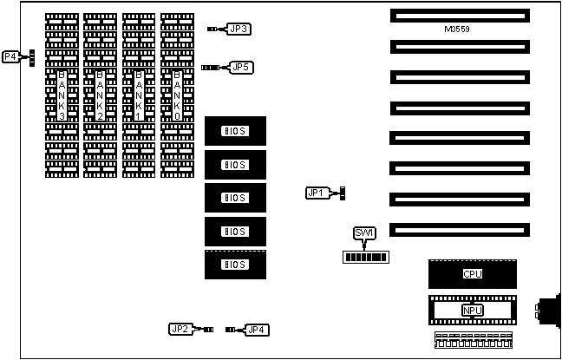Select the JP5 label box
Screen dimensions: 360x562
pyautogui.click(x=241, y=67)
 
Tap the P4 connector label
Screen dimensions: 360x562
pyautogui.click(x=10, y=57)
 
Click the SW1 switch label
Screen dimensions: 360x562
pyautogui.click(x=364, y=232)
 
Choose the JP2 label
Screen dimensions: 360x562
pyautogui.click(x=180, y=329)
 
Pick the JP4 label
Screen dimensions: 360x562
pyautogui.click(x=258, y=329)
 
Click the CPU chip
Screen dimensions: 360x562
pyautogui.click(x=472, y=274)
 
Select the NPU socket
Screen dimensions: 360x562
pyautogui.click(x=472, y=310)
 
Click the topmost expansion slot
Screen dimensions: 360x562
pyautogui.click(x=459, y=16)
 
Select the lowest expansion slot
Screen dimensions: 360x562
pyautogui.click(x=459, y=229)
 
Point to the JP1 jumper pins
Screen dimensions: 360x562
pyautogui.click(x=343, y=193)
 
